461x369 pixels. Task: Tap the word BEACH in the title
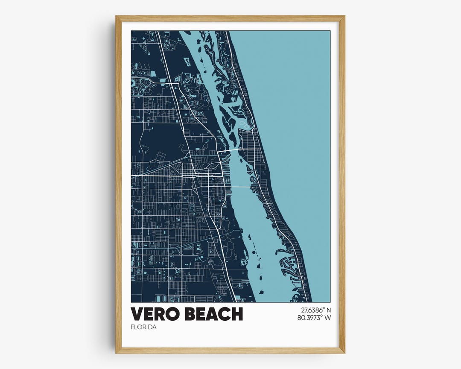[x=213, y=314]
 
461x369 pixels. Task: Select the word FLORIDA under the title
[x=144, y=327]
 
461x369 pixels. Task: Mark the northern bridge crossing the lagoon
[x=231, y=150]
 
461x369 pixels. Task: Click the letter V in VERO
[x=137, y=314]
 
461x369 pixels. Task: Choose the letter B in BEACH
[x=190, y=314]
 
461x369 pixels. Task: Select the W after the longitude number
[x=328, y=318]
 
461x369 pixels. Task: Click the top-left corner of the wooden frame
[x=116, y=17]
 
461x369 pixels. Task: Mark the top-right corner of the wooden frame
[x=344, y=17]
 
